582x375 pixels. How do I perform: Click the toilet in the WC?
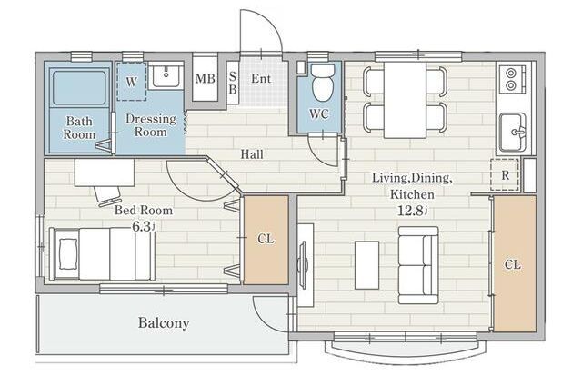pos(323,83)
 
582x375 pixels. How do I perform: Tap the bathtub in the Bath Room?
pos(79,88)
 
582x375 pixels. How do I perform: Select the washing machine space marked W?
pos(131,82)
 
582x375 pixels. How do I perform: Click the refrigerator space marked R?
pos(505,174)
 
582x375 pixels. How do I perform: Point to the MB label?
pos(206,79)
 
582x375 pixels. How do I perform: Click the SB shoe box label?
pos(233,83)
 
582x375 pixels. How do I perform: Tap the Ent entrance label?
pos(261,79)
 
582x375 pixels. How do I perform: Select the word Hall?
pos(252,154)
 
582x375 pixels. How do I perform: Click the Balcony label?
pos(164,322)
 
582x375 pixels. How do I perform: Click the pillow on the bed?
pos(68,254)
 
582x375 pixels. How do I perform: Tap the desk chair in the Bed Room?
pos(108,195)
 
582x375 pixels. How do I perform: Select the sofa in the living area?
pos(418,265)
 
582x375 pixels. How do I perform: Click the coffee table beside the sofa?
pos(366,264)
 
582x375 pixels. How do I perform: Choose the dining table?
pos(405,100)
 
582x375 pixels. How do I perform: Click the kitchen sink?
pos(513,133)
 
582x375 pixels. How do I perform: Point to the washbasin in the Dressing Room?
pos(166,76)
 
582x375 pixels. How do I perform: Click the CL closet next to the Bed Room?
pos(266,240)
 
